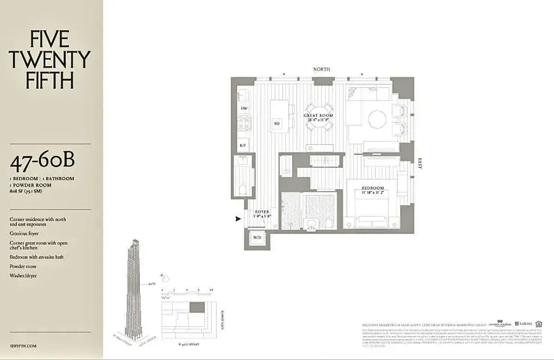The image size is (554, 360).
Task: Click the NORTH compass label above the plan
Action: (321, 69)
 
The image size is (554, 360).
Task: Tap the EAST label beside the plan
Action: (419, 163)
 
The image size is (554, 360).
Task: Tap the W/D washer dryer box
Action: (257, 237)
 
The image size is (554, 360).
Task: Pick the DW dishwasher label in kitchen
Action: (244, 108)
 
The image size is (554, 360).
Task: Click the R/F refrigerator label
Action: (243, 145)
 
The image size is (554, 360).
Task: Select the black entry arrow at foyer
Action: (239, 219)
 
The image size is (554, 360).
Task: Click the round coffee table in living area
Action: (377, 120)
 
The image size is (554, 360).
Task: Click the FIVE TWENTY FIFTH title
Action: (50, 60)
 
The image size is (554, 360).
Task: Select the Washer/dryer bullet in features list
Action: (23, 275)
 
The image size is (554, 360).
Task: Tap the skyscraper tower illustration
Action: (134, 292)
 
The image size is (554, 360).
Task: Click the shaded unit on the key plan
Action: (196, 307)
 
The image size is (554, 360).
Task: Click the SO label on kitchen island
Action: (277, 123)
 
